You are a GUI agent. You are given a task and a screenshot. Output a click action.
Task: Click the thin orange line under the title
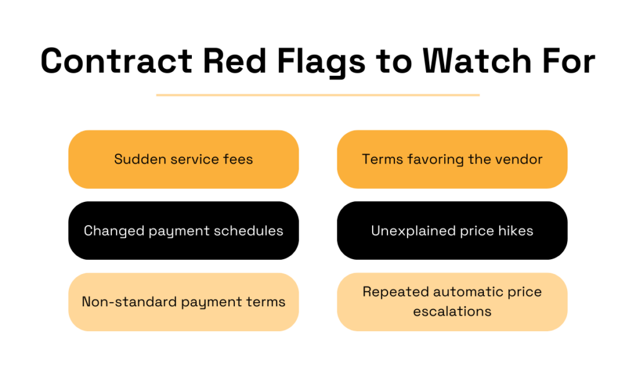pyautogui.click(x=317, y=95)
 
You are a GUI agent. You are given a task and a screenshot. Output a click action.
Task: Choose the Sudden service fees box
pyautogui.click(x=183, y=159)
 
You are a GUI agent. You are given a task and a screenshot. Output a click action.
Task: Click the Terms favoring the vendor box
pyautogui.click(x=452, y=159)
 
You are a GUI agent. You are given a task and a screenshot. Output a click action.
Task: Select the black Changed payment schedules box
pyautogui.click(x=183, y=231)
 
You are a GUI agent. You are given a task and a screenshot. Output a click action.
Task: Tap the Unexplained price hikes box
pyautogui.click(x=452, y=231)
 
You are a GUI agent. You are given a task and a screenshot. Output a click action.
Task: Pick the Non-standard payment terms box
pyautogui.click(x=183, y=302)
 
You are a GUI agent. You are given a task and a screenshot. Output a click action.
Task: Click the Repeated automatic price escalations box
pyautogui.click(x=452, y=301)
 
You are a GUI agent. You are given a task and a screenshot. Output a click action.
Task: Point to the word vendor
pyautogui.click(x=520, y=159)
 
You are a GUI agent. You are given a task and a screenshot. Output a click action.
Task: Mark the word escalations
pyautogui.click(x=452, y=311)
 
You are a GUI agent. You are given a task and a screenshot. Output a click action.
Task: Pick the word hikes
pyautogui.click(x=516, y=231)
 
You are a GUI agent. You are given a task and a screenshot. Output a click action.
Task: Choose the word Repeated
pyautogui.click(x=395, y=291)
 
